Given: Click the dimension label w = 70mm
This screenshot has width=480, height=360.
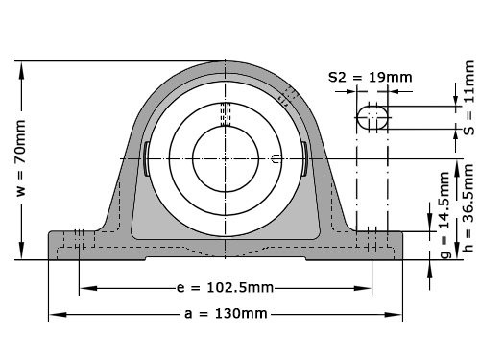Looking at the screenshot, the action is (x=21, y=157).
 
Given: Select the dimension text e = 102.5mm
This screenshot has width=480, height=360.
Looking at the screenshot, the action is (x=225, y=288).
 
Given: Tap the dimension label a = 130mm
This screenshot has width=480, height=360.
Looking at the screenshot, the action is (x=226, y=314).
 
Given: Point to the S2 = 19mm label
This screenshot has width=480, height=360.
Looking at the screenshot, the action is (x=371, y=77).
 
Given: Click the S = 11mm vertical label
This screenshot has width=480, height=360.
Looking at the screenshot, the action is (x=469, y=98).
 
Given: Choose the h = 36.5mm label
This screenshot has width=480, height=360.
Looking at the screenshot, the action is (x=468, y=208).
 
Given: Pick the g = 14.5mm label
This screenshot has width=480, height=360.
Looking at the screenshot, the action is (x=444, y=215).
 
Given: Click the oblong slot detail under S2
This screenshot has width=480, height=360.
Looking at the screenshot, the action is (x=372, y=117).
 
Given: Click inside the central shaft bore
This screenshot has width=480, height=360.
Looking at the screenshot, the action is (x=226, y=158).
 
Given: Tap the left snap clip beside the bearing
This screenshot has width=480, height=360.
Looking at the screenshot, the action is (x=146, y=158).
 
